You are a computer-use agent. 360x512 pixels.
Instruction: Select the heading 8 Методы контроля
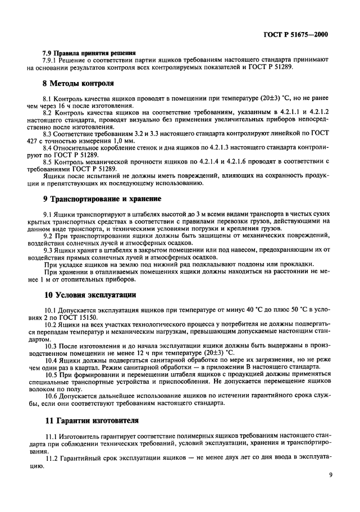coord(79,83)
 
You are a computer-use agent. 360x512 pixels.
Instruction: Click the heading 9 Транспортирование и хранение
coord(103,198)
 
